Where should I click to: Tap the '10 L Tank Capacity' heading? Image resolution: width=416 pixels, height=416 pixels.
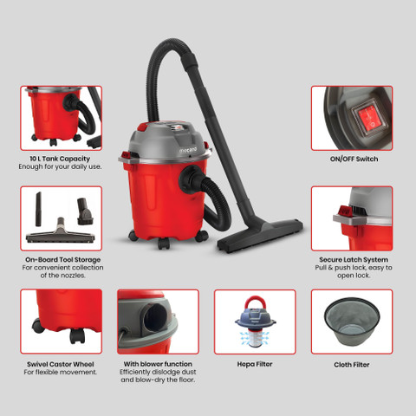[60, 159]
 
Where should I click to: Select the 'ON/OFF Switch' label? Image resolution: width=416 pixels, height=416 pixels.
[354, 159]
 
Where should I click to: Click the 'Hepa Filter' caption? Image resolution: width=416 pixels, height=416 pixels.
[255, 364]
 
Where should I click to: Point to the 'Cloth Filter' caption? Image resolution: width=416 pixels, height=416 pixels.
[352, 365]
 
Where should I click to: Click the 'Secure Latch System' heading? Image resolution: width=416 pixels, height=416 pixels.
[354, 259]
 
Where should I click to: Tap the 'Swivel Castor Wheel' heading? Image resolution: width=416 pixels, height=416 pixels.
[61, 364]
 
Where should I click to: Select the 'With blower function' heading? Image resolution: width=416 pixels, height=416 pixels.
[158, 364]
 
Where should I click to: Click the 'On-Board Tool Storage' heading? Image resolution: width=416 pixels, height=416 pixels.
[62, 259]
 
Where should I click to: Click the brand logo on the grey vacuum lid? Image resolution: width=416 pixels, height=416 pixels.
[188, 150]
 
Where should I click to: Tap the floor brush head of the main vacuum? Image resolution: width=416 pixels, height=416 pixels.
[260, 236]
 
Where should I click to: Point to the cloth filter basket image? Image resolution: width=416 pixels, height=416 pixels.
[352, 322]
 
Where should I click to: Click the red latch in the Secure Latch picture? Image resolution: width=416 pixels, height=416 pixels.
[344, 211]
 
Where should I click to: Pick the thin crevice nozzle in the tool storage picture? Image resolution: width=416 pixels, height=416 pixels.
[38, 209]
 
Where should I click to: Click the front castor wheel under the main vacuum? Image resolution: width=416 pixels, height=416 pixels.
[164, 244]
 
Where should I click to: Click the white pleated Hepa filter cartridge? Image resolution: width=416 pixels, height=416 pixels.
[254, 338]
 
